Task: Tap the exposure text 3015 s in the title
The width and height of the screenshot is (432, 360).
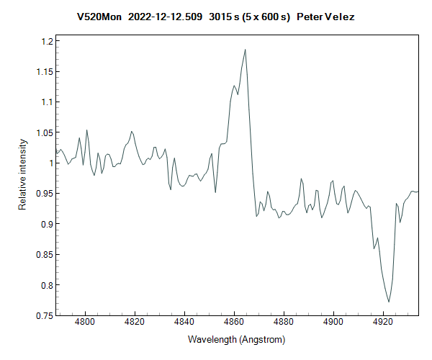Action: [x=224, y=16]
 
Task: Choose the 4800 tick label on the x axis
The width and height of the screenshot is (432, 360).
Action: [x=85, y=325]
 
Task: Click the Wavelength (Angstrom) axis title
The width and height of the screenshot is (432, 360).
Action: [x=237, y=339]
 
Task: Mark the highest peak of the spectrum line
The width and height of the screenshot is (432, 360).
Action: [x=246, y=50]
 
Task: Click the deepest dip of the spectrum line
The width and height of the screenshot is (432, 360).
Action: [x=389, y=302]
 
